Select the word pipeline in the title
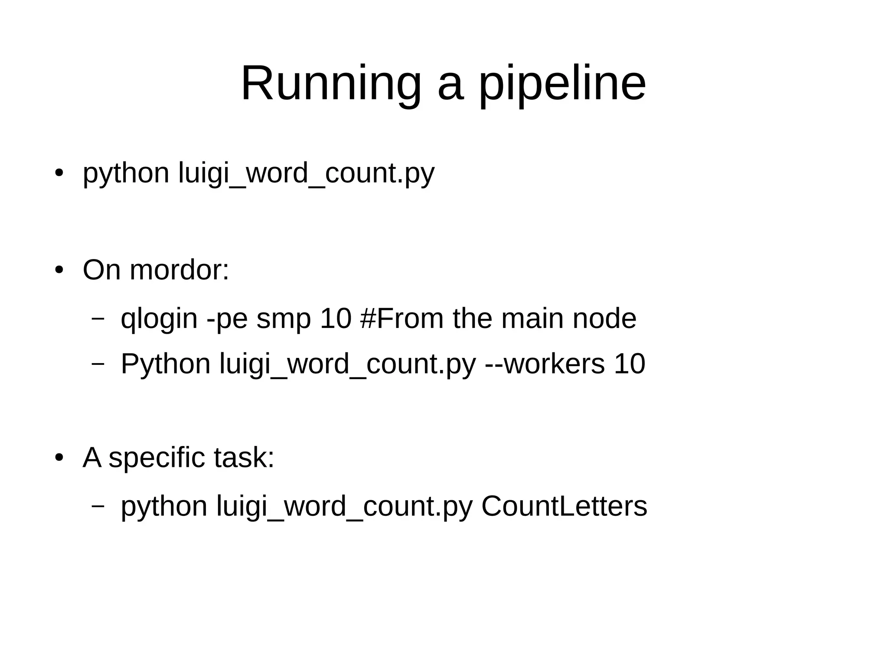click(562, 83)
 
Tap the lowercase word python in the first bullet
click(126, 173)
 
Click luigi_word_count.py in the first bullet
click(306, 173)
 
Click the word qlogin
click(159, 318)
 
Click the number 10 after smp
click(335, 318)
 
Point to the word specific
click(156, 458)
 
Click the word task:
click(244, 458)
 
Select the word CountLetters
click(564, 506)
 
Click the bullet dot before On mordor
click(59, 270)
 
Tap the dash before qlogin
click(98, 318)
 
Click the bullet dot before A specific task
click(59, 458)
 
